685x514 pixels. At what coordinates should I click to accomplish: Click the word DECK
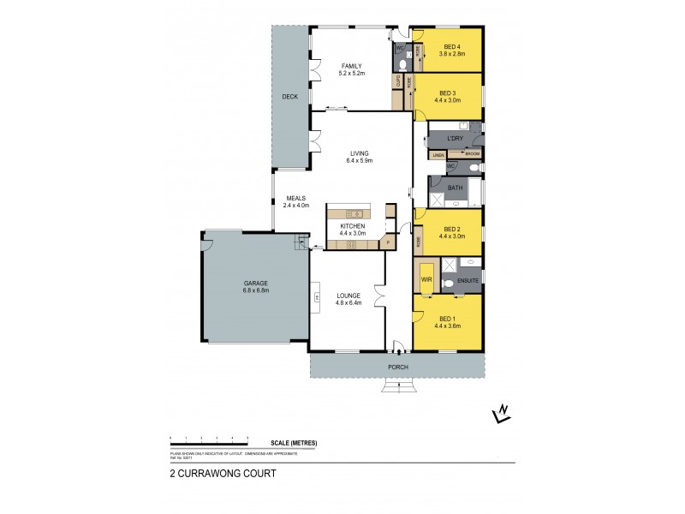coord(289,97)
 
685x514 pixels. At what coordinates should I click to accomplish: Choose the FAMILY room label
coord(352,66)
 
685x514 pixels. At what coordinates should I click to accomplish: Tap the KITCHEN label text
coord(352,225)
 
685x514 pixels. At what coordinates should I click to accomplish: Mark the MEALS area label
coord(295,198)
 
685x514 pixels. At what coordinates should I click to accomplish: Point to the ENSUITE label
coord(467,279)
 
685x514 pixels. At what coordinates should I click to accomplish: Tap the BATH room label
coord(455,188)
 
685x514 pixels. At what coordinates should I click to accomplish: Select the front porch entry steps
coord(396,385)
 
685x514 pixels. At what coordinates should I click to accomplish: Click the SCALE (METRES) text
coord(294,443)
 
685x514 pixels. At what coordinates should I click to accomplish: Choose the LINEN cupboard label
coord(437,156)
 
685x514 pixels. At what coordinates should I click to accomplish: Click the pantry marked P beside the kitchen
coord(388,243)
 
